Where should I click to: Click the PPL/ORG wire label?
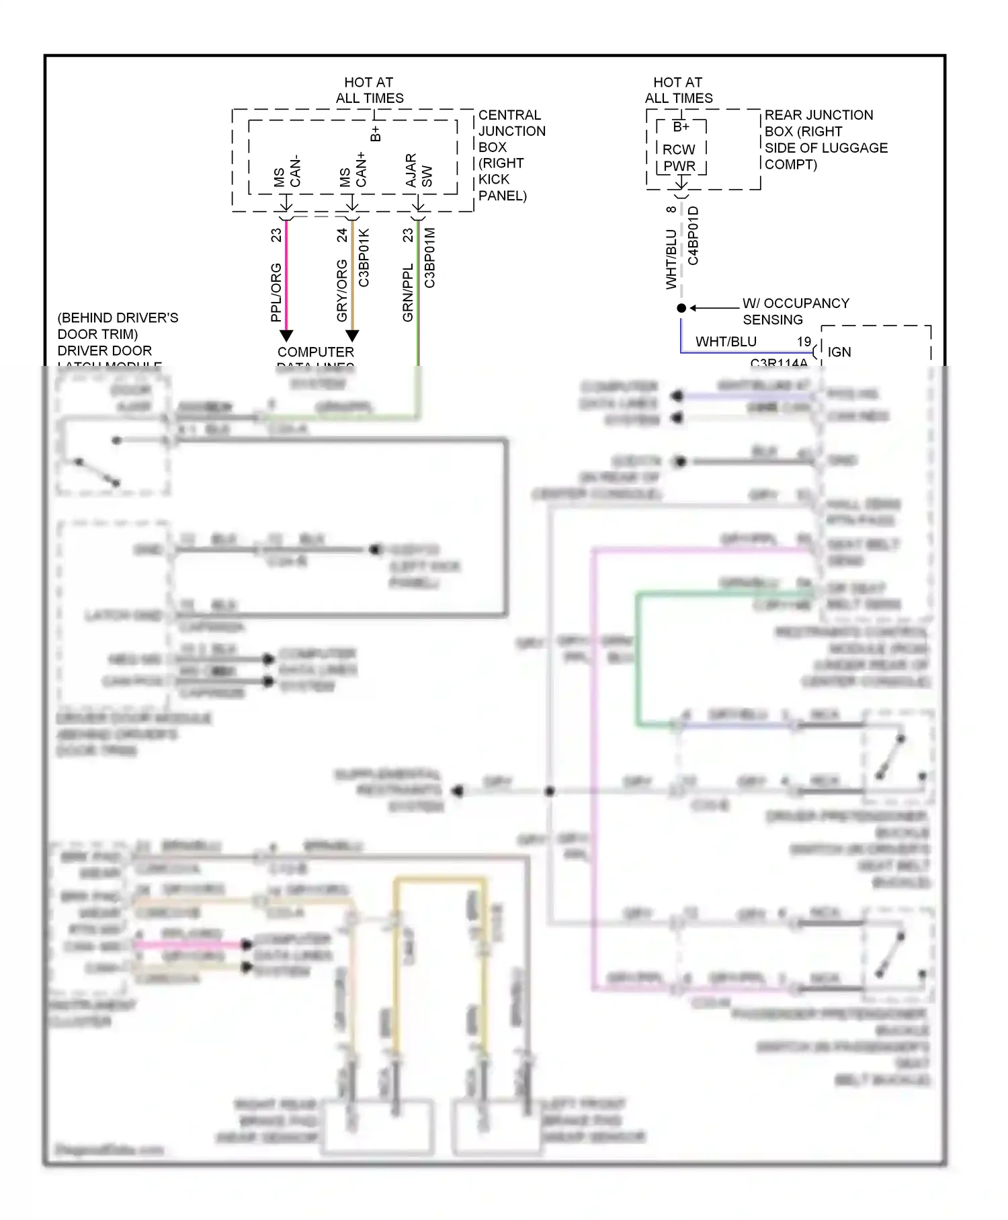pyautogui.click(x=276, y=292)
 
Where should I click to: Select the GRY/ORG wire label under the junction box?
pyautogui.click(x=341, y=291)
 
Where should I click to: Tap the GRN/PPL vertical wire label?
pyautogui.click(x=407, y=292)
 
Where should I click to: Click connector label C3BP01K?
pyautogui.click(x=364, y=258)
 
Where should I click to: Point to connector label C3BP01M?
pyautogui.click(x=429, y=258)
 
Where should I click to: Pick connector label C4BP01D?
pyautogui.click(x=693, y=235)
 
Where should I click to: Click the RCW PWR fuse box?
pyautogui.click(x=680, y=149)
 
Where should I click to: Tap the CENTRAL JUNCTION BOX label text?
pyautogui.click(x=511, y=155)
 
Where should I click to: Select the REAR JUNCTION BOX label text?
pyautogui.click(x=825, y=139)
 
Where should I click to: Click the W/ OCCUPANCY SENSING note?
pyautogui.click(x=794, y=311)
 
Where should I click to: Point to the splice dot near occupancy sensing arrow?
pyautogui.click(x=681, y=308)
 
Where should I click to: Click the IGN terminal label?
pyautogui.click(x=839, y=352)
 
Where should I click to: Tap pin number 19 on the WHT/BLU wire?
pyautogui.click(x=804, y=342)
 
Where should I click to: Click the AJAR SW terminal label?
pyautogui.click(x=419, y=171)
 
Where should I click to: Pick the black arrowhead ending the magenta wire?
pyautogui.click(x=286, y=335)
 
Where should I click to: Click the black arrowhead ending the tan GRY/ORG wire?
pyautogui.click(x=352, y=335)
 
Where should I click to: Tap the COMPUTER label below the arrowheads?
pyautogui.click(x=315, y=352)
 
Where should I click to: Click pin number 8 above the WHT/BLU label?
pyautogui.click(x=671, y=210)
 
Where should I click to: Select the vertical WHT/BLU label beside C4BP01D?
pyautogui.click(x=671, y=260)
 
